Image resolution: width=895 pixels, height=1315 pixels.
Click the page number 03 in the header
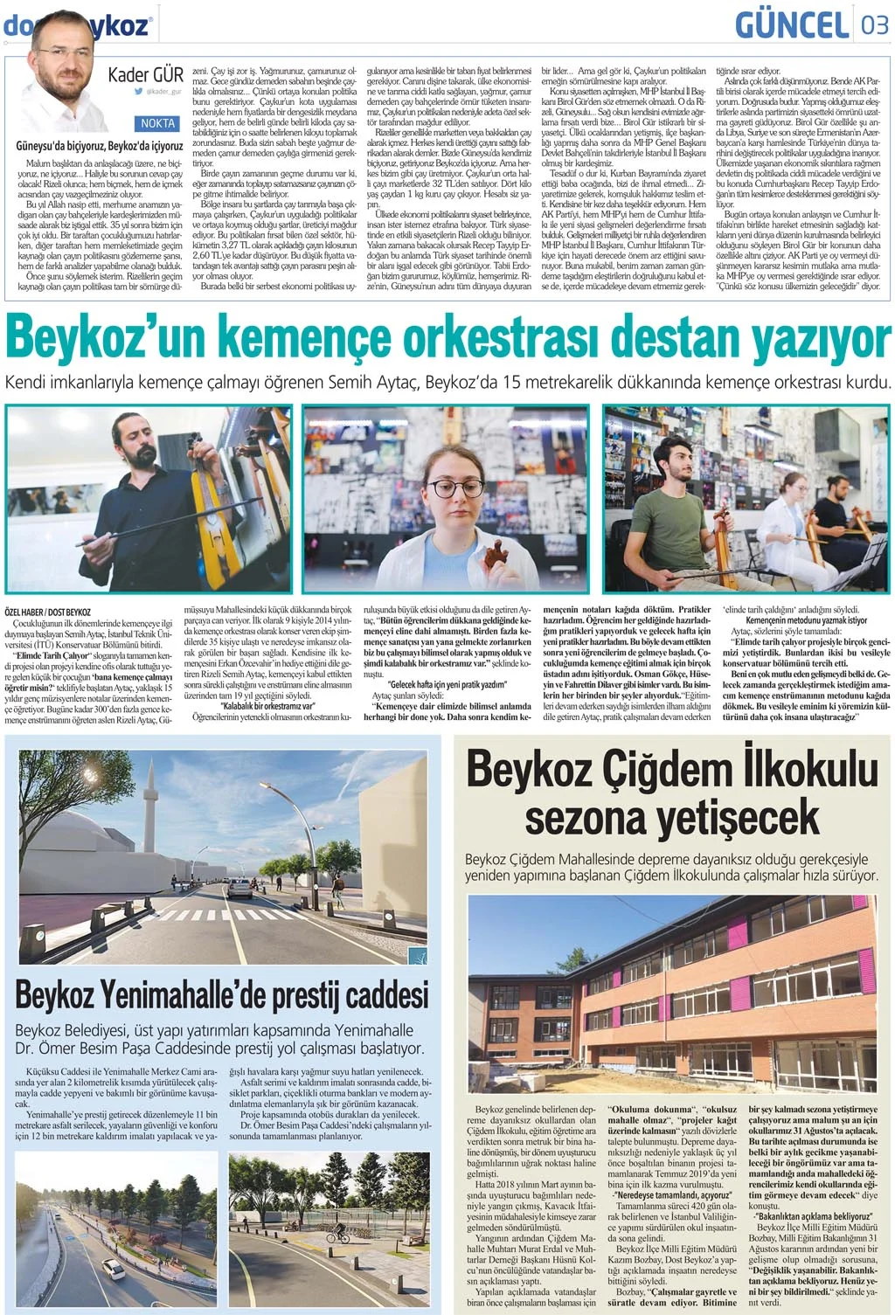pos(874,24)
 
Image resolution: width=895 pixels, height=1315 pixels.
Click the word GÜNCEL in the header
pos(792,24)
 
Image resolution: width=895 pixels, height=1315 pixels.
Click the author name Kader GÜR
pos(146,75)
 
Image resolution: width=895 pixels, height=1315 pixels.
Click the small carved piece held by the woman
pos(496,553)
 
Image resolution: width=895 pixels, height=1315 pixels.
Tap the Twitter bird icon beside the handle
pos(138,91)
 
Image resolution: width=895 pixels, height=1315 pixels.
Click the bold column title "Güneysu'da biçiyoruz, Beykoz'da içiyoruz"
pos(99,147)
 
